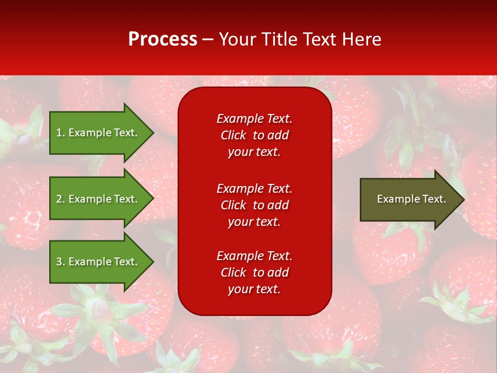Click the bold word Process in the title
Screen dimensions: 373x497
point(163,39)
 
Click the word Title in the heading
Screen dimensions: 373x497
point(279,39)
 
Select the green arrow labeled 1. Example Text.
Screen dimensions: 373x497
point(98,133)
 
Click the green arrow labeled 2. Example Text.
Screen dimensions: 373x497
point(98,199)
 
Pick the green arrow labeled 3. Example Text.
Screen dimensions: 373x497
point(98,262)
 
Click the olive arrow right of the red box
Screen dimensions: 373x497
point(409,199)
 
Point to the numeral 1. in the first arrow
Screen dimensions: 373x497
point(60,133)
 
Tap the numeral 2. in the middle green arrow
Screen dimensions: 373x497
point(60,199)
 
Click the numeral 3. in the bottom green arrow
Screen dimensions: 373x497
point(60,262)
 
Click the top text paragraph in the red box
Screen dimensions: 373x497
point(254,135)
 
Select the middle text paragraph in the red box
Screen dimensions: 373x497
point(254,205)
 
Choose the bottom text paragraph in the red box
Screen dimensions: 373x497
point(254,272)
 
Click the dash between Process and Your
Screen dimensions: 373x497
point(208,40)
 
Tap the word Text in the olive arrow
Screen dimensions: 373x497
point(435,199)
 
